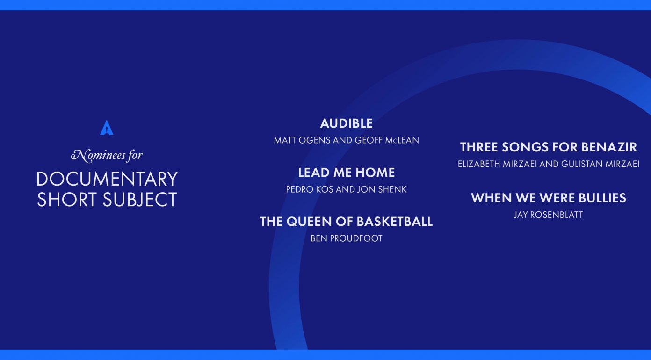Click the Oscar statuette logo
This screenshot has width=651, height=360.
pyautogui.click(x=107, y=128)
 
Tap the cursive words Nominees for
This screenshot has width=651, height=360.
pyautogui.click(x=107, y=155)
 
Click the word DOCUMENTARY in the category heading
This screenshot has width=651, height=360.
pyautogui.click(x=107, y=179)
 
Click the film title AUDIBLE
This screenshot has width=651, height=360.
pyautogui.click(x=347, y=123)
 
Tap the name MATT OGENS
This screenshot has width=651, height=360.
pyautogui.click(x=302, y=140)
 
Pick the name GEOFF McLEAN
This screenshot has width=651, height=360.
pyautogui.click(x=387, y=140)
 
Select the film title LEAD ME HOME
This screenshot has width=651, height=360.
pyautogui.click(x=347, y=173)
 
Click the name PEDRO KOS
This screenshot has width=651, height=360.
pyautogui.click(x=310, y=189)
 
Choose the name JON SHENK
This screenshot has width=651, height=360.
pyautogui.click(x=382, y=189)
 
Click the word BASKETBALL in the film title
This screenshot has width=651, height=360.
pyautogui.click(x=395, y=222)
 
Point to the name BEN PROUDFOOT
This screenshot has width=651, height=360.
pyautogui.click(x=347, y=238)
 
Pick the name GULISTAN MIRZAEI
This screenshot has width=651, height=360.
pyautogui.click(x=600, y=164)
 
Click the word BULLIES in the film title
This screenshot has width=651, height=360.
pyautogui.click(x=602, y=198)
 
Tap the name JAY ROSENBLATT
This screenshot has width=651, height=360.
pyautogui.click(x=549, y=215)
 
